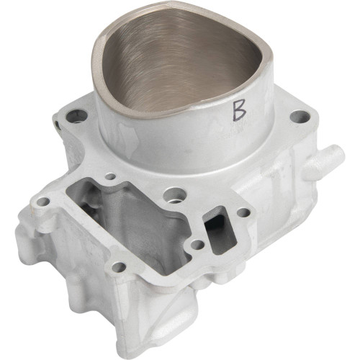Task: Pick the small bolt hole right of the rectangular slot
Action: coord(243,212)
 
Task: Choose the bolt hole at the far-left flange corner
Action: coord(43,202)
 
